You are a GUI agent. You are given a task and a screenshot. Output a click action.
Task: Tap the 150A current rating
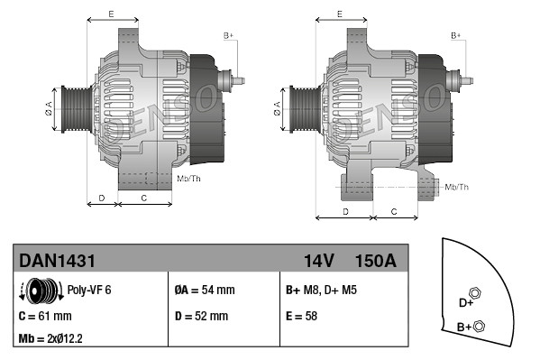[374, 261]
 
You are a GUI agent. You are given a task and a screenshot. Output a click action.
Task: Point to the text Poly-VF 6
[88, 291]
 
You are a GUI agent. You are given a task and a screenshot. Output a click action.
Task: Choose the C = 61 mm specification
[45, 316]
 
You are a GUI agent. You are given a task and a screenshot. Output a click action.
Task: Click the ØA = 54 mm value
[204, 291]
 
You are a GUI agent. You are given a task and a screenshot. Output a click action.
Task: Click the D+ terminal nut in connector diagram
[476, 295]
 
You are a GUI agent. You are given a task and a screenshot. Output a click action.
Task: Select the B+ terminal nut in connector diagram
[480, 326]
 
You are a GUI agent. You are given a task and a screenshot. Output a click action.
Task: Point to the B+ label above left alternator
[228, 35]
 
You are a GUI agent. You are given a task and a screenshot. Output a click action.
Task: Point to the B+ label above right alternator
[456, 35]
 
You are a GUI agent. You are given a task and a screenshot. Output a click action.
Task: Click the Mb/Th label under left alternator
[189, 179]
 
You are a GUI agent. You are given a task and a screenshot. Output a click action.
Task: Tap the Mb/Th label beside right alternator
[457, 187]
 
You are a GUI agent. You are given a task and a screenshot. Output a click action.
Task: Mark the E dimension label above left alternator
[110, 14]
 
